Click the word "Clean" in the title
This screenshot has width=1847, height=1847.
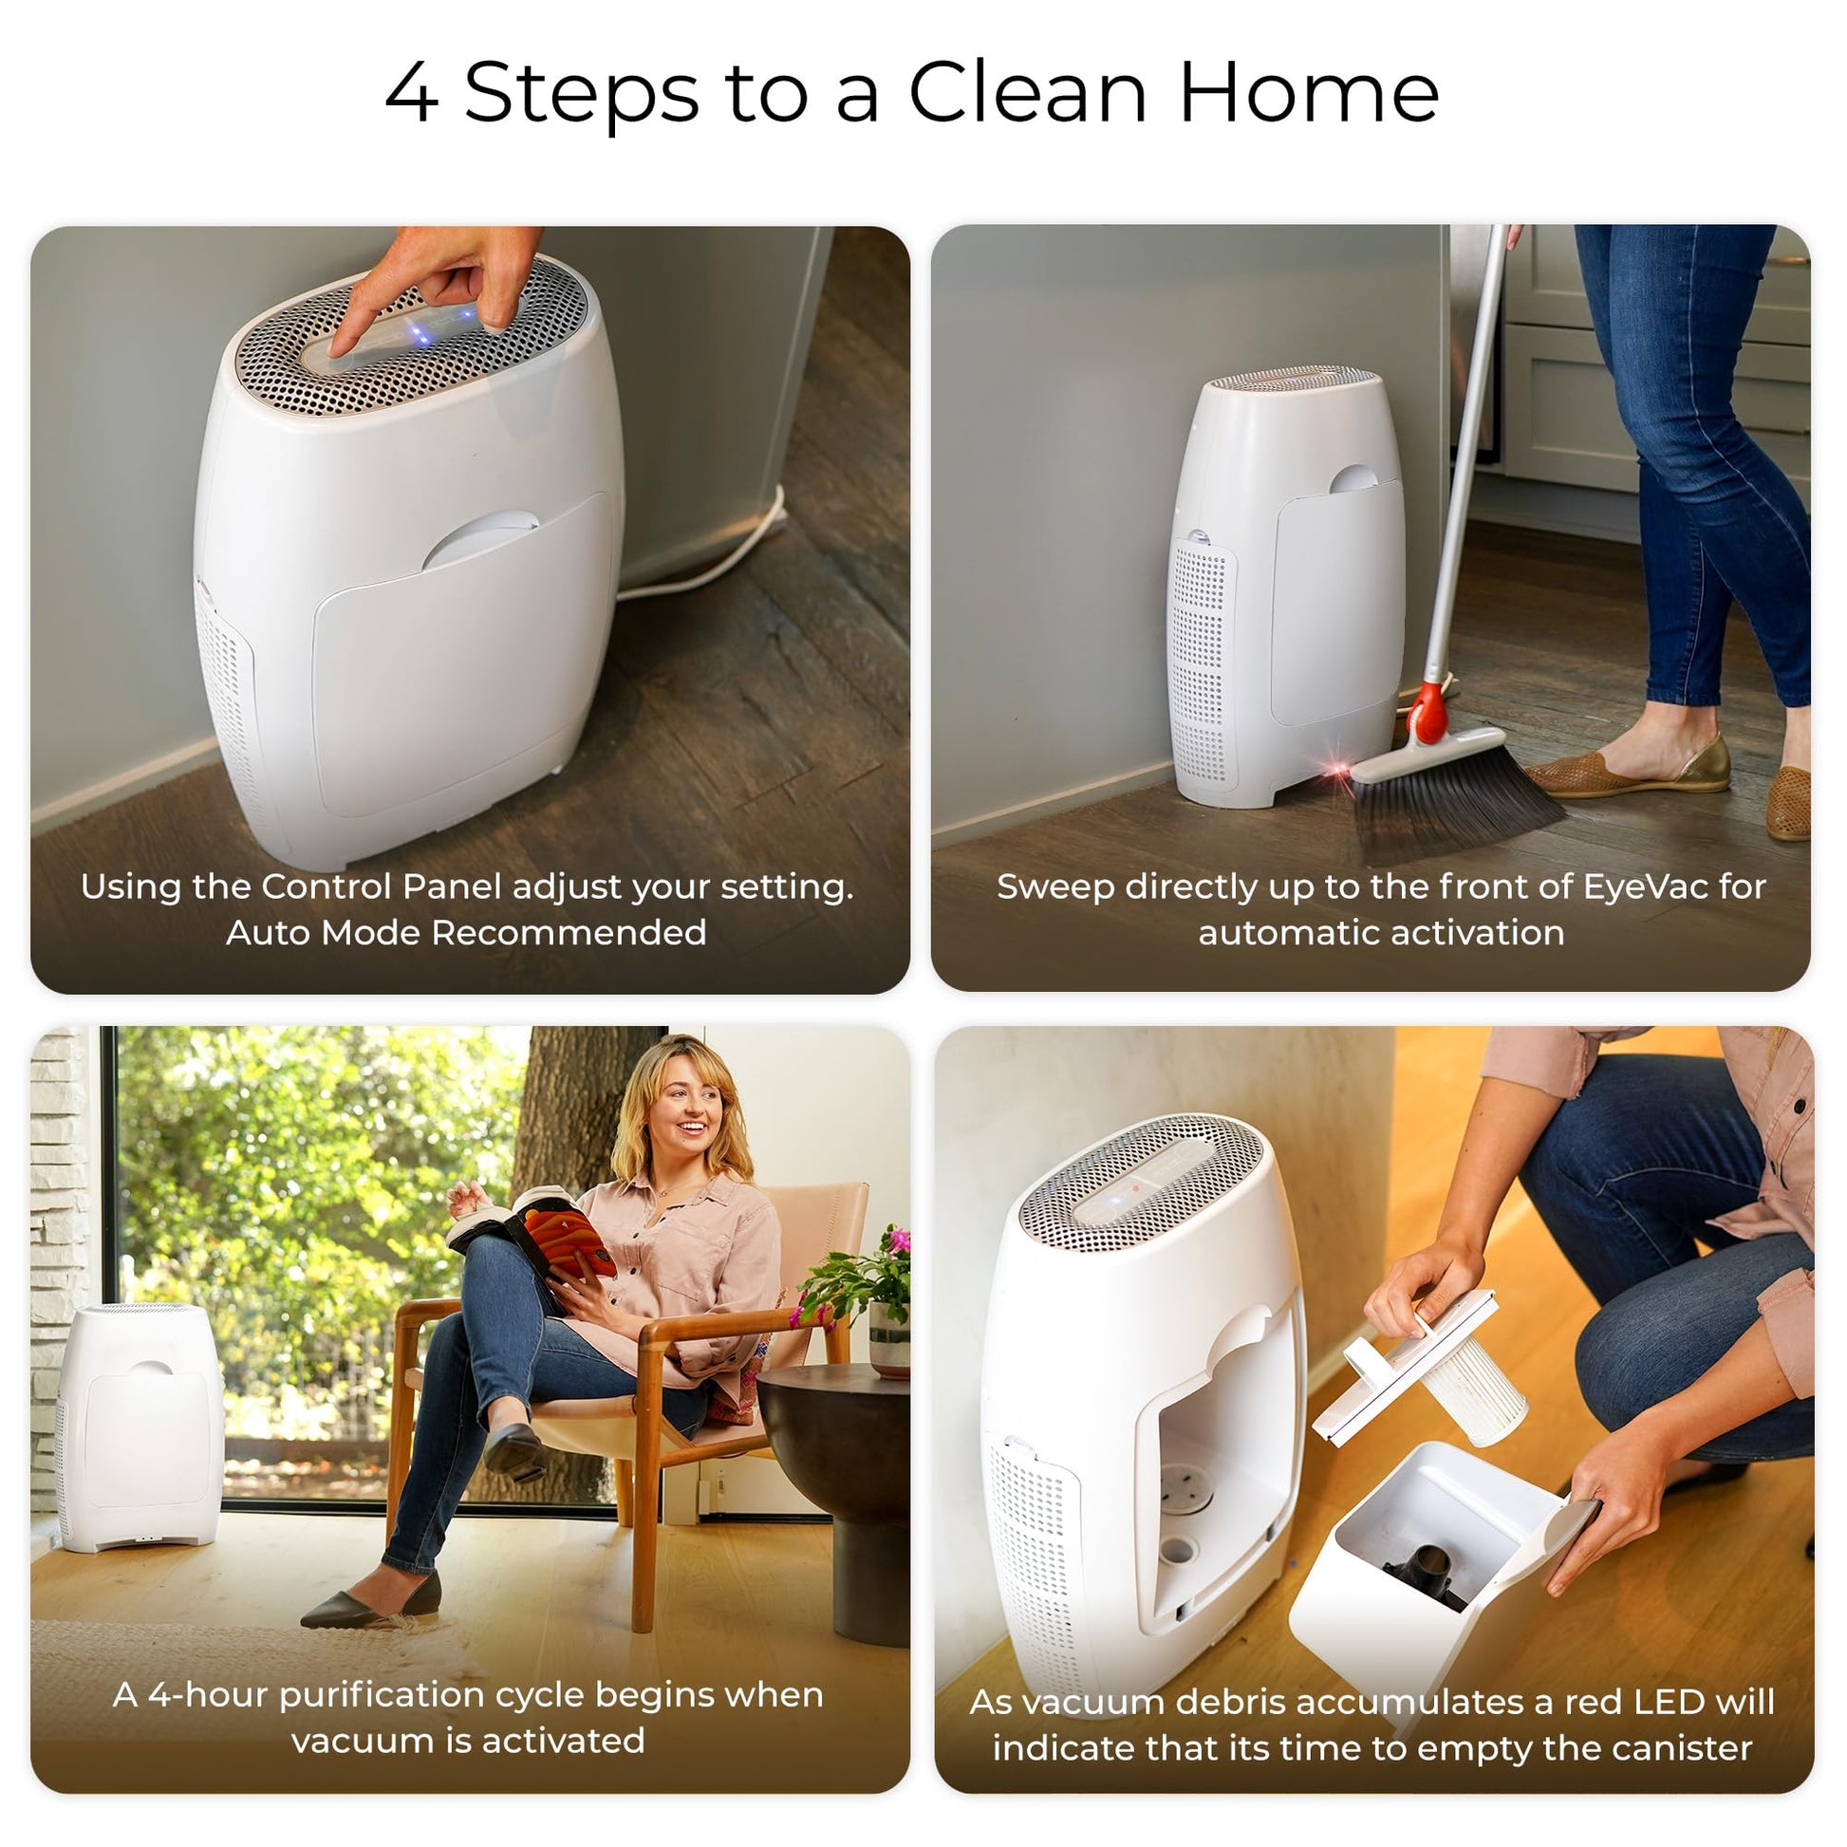coord(1028,93)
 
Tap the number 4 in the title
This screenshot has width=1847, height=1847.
coord(412,94)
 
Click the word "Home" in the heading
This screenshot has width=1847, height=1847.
coord(1309,93)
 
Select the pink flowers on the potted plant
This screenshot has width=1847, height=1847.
coord(897,1243)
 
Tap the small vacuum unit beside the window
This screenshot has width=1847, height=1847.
coord(139,1428)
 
